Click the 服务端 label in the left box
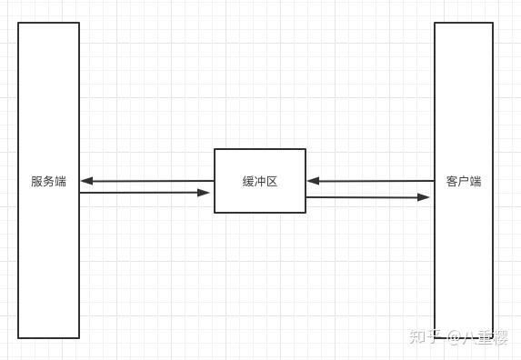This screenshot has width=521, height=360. click(x=48, y=181)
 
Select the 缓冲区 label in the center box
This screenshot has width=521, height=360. click(x=259, y=181)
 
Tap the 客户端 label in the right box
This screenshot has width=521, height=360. click(x=464, y=181)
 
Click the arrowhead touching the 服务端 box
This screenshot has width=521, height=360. click(x=86, y=181)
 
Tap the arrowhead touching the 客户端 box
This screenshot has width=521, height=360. click(x=424, y=196)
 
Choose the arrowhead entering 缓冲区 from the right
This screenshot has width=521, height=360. click(x=313, y=181)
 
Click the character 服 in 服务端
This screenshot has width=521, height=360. click(x=36, y=181)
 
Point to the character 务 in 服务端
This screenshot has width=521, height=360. click(x=48, y=181)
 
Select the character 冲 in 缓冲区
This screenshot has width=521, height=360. click(x=259, y=181)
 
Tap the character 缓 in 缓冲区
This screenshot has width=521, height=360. click(x=247, y=181)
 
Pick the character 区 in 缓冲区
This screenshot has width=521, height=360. click(x=271, y=181)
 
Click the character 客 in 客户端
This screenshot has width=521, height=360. click(x=452, y=181)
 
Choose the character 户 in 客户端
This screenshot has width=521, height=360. click(x=464, y=181)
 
